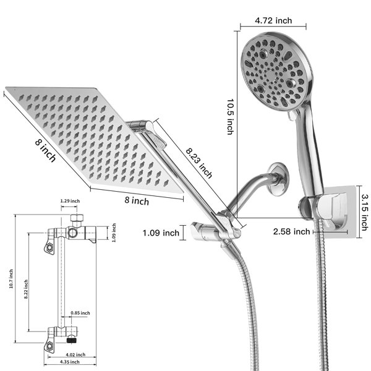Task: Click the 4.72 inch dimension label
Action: (273, 20)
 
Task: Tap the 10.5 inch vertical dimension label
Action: (231, 117)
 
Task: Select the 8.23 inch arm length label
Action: (199, 163)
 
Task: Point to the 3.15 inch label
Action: (365, 213)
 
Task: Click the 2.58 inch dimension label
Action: (291, 231)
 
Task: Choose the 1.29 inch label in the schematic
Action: (70, 201)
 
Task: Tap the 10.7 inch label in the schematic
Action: (11, 279)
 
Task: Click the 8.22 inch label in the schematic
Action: (26, 289)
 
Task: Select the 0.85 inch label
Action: (80, 313)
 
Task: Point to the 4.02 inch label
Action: (75, 355)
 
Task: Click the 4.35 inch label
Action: (70, 362)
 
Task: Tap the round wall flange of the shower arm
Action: (278, 179)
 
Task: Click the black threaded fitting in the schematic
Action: (72, 341)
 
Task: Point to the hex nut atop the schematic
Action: (77, 218)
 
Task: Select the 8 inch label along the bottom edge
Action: (137, 200)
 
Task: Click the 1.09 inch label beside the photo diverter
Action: (161, 233)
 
